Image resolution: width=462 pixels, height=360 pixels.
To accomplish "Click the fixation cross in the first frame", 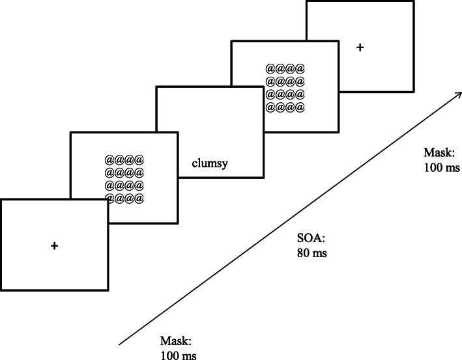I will coord(54,245).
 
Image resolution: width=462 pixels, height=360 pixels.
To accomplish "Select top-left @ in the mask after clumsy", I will coord(270,68).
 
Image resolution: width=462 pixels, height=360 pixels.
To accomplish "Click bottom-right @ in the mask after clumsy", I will coord(300,107).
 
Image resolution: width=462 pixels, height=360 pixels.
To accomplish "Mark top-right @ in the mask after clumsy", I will coord(300,68).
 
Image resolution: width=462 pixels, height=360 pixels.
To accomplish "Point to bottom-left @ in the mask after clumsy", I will coord(270,107).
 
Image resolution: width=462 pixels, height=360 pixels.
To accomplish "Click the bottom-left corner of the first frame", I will coord(1,290).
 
